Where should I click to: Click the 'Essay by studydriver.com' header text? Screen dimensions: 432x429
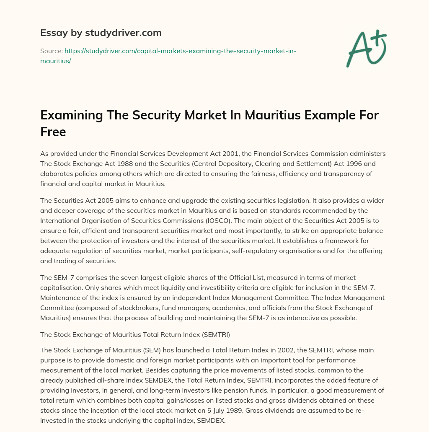pos(101,33)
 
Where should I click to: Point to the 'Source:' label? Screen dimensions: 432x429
pos(51,51)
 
